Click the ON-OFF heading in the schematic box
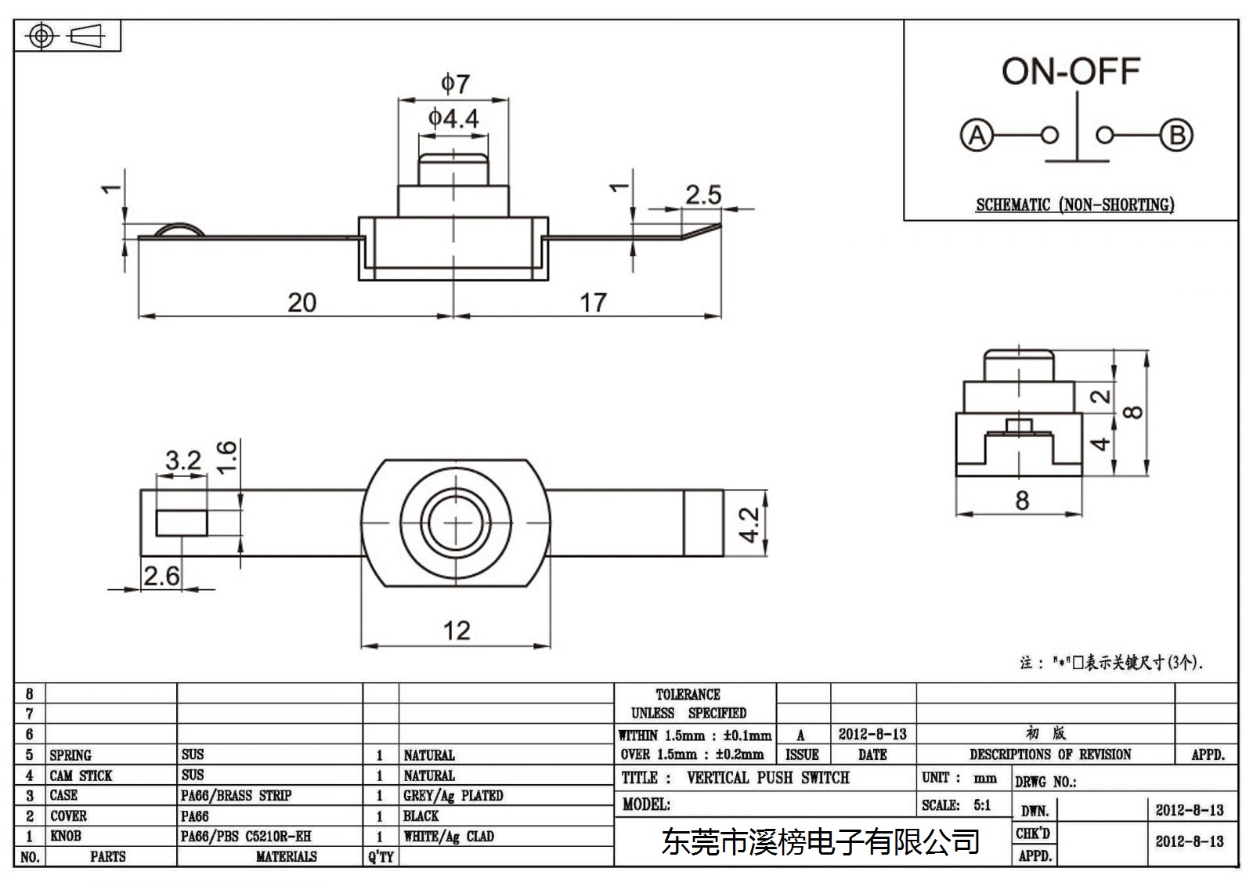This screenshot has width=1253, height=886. [x=1071, y=71]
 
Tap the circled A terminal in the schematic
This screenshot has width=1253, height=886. [x=977, y=136]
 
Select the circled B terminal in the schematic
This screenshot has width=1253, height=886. [x=1176, y=136]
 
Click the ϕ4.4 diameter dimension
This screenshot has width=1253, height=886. [x=453, y=118]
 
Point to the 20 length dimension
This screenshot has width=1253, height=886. [x=302, y=303]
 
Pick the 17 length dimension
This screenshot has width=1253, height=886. [x=593, y=303]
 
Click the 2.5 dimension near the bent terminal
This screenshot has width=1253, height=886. [x=704, y=195]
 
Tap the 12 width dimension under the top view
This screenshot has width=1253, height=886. [x=457, y=631]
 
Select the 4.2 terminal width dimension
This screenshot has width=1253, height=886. [x=749, y=524]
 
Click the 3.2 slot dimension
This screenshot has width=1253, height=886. [x=183, y=461]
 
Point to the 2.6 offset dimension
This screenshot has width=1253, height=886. [x=161, y=576]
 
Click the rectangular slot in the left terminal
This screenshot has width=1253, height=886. [x=182, y=523]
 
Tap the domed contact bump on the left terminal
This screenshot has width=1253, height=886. [x=179, y=230]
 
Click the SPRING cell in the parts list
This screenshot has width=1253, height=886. [x=70, y=755]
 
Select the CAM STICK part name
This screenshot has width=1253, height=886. [x=81, y=776]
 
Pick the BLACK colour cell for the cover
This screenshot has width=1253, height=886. [x=421, y=816]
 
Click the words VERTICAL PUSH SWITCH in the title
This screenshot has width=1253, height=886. [x=768, y=778]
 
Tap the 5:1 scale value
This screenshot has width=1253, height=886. [x=982, y=805]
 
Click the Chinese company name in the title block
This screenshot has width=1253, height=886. [x=821, y=842]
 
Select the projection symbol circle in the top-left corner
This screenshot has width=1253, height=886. [x=42, y=36]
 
